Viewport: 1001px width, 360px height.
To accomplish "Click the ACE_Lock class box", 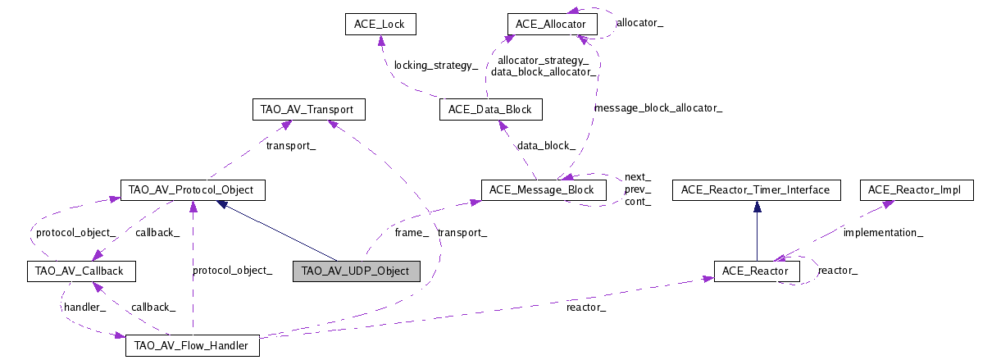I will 380,25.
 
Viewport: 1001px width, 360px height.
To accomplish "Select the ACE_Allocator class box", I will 551,25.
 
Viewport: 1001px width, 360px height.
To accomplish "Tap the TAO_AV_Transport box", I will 307,109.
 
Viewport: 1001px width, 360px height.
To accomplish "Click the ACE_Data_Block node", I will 490,109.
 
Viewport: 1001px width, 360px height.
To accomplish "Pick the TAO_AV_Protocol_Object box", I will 192,190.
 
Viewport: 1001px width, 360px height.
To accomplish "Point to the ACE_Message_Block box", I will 543,190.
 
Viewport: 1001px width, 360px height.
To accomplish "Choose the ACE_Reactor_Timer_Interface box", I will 756,190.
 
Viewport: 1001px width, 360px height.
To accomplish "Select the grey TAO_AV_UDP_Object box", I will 356,271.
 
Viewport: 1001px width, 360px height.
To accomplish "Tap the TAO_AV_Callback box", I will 80,271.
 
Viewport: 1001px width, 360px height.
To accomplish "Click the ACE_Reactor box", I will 757,271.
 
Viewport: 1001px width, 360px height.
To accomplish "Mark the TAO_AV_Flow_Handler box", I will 192,346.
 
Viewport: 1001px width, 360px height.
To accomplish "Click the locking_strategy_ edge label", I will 435,65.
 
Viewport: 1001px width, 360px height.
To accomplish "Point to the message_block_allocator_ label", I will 657,107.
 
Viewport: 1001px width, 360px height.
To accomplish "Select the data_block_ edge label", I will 545,145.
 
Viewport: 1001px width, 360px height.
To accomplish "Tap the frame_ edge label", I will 412,233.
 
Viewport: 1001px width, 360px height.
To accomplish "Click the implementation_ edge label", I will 883,232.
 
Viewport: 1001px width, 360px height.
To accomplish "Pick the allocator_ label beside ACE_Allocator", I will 639,23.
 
